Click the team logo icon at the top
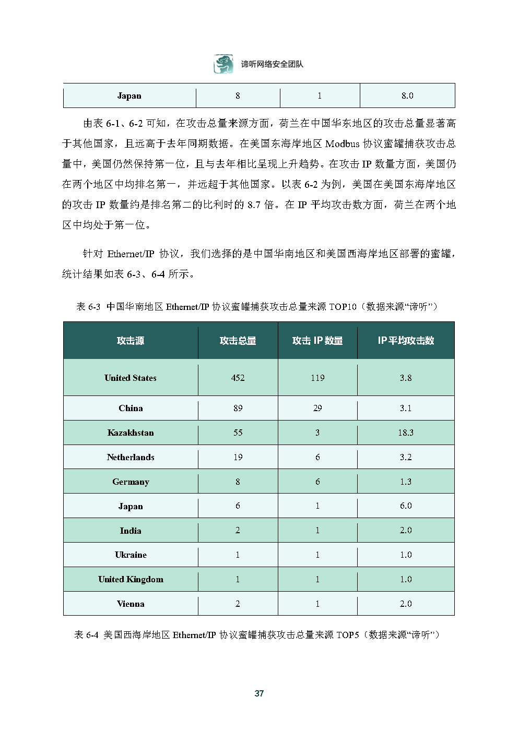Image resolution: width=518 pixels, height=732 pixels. [x=223, y=64]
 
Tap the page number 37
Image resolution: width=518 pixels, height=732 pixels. [x=259, y=693]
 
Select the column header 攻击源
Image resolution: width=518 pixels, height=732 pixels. [x=131, y=341]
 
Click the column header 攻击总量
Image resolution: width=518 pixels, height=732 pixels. [x=238, y=341]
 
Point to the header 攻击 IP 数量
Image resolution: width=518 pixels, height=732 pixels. [x=317, y=341]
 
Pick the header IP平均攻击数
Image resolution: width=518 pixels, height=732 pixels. [x=406, y=341]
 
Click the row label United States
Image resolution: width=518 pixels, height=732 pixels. [x=131, y=378]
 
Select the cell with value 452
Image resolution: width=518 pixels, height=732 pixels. [x=238, y=378]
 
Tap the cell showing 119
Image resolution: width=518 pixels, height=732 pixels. [x=317, y=378]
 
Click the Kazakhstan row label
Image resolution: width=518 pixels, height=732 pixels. [x=131, y=433]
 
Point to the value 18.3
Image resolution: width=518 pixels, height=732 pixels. [x=406, y=433]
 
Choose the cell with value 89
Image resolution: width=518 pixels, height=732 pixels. [x=238, y=408]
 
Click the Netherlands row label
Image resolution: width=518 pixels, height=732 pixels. [x=131, y=457]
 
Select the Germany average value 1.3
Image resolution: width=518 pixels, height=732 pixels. [x=406, y=482]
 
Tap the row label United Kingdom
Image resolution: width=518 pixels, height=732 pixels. [x=131, y=579]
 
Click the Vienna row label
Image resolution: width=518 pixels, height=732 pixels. [x=131, y=604]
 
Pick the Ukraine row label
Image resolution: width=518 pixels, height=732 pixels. [x=131, y=555]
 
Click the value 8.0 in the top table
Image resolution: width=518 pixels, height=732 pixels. [x=407, y=95]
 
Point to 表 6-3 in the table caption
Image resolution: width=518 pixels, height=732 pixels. [x=88, y=307]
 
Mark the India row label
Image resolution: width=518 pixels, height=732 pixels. [x=131, y=531]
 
